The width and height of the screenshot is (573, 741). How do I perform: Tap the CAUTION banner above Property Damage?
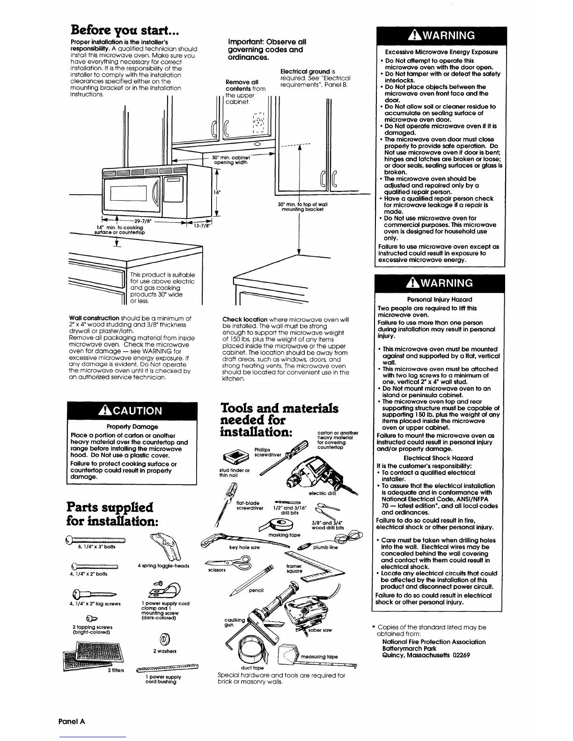click(x=132, y=410)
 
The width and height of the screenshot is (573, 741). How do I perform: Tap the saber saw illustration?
click(x=304, y=608)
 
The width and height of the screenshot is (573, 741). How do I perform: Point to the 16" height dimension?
click(x=217, y=192)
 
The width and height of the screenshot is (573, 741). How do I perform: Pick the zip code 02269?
click(x=461, y=655)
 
